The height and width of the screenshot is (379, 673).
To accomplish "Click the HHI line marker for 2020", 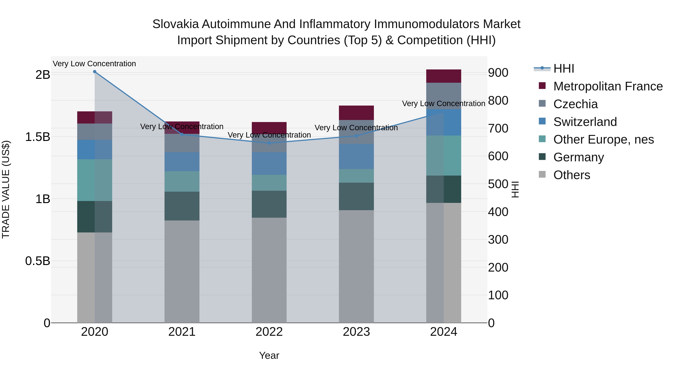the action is click(x=95, y=72).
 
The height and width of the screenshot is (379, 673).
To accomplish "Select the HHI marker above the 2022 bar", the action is click(x=269, y=143).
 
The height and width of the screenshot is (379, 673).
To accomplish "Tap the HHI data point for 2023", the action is click(x=356, y=136).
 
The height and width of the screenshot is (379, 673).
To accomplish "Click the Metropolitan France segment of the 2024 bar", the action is click(x=443, y=76).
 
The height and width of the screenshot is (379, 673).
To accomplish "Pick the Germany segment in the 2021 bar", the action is click(x=182, y=206).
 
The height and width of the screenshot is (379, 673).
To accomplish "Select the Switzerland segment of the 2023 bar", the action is click(x=356, y=156).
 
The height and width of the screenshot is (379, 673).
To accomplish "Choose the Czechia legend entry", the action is click(x=575, y=104).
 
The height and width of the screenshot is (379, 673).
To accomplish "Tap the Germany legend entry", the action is click(x=578, y=157).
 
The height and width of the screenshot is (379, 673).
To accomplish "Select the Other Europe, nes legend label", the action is click(x=603, y=139).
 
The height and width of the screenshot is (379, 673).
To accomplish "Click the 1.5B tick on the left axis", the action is click(x=38, y=137).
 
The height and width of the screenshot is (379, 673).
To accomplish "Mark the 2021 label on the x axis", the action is click(x=182, y=332).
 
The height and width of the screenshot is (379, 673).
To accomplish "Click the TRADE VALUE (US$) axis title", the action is click(x=6, y=189).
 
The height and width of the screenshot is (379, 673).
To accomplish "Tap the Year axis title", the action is click(x=269, y=355).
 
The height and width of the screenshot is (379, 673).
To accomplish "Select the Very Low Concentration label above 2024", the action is click(x=443, y=103).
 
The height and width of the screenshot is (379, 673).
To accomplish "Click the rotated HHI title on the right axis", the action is click(x=515, y=189).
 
